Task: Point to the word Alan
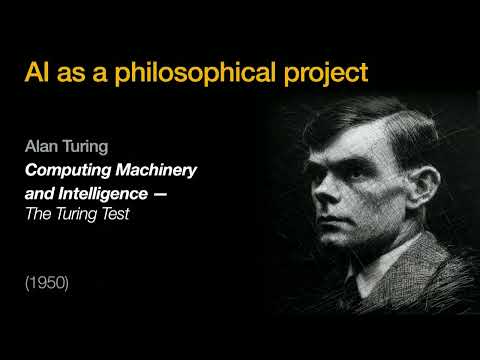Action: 42,146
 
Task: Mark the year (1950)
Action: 47,284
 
